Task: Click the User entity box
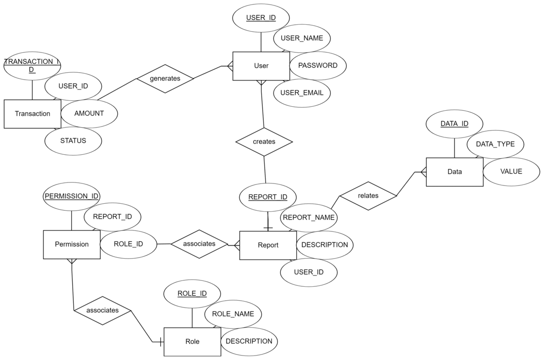261,66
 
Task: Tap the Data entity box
454,172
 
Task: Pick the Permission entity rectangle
71,244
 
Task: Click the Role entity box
192,342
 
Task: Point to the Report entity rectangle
268,245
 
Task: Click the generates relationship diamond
165,79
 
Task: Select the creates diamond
264,142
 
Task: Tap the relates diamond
368,196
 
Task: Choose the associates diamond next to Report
199,244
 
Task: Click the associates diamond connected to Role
102,311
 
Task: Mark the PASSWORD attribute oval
318,66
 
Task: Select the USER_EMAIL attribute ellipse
302,93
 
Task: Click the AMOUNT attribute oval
89,113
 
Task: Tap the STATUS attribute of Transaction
73,140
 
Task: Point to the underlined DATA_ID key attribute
454,124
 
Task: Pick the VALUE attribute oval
511,172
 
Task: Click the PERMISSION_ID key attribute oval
72,196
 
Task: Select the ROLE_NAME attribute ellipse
233,314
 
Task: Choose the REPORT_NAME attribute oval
309,218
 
